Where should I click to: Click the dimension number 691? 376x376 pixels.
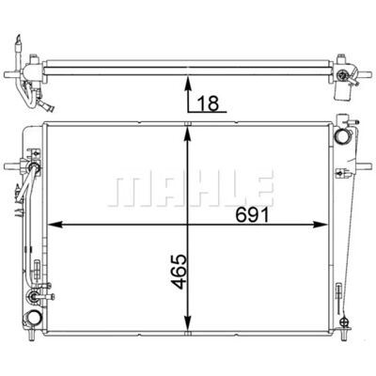(x=252, y=215)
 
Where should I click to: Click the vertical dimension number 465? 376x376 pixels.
(x=180, y=272)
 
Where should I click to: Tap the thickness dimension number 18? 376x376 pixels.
(x=209, y=103)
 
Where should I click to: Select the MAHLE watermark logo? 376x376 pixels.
(x=191, y=188)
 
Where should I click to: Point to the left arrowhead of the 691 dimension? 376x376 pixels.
(x=55, y=225)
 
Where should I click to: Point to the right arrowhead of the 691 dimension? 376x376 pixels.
(x=321, y=225)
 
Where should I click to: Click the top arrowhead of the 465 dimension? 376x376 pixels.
(x=187, y=134)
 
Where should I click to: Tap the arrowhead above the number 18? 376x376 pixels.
(x=188, y=83)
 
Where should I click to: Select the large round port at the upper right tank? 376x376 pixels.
(x=341, y=137)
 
